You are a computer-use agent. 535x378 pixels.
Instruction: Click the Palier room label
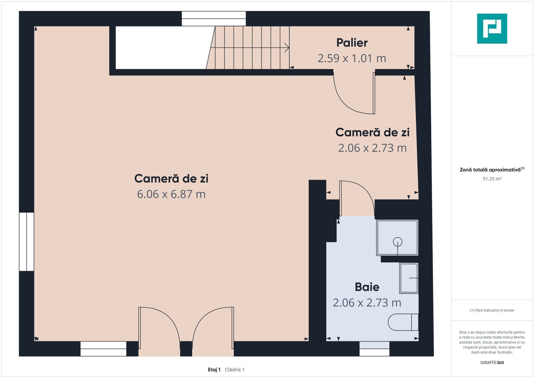point(352,43)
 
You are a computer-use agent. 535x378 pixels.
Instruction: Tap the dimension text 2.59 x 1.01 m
point(351,58)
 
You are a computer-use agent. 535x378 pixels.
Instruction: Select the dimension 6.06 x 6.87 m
point(171,194)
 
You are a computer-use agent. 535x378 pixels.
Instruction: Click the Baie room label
point(367,287)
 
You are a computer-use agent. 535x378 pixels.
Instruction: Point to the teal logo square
point(492,29)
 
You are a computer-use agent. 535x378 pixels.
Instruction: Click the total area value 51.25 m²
point(492,179)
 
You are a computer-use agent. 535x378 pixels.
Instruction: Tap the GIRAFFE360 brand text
point(492,363)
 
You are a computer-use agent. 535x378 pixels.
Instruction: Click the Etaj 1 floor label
point(214,370)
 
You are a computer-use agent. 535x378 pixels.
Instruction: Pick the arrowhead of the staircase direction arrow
point(288,48)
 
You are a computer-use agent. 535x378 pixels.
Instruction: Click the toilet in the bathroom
point(403,322)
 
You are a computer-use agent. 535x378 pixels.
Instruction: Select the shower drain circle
point(398,242)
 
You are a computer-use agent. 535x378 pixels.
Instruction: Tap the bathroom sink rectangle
point(409,278)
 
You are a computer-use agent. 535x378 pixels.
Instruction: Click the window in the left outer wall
point(27,242)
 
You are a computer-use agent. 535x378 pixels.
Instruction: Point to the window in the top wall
point(214,19)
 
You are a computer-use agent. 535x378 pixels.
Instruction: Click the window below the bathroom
point(375,349)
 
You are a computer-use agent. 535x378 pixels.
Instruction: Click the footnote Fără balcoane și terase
point(492,310)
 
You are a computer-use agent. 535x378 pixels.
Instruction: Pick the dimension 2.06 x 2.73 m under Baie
point(367,303)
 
